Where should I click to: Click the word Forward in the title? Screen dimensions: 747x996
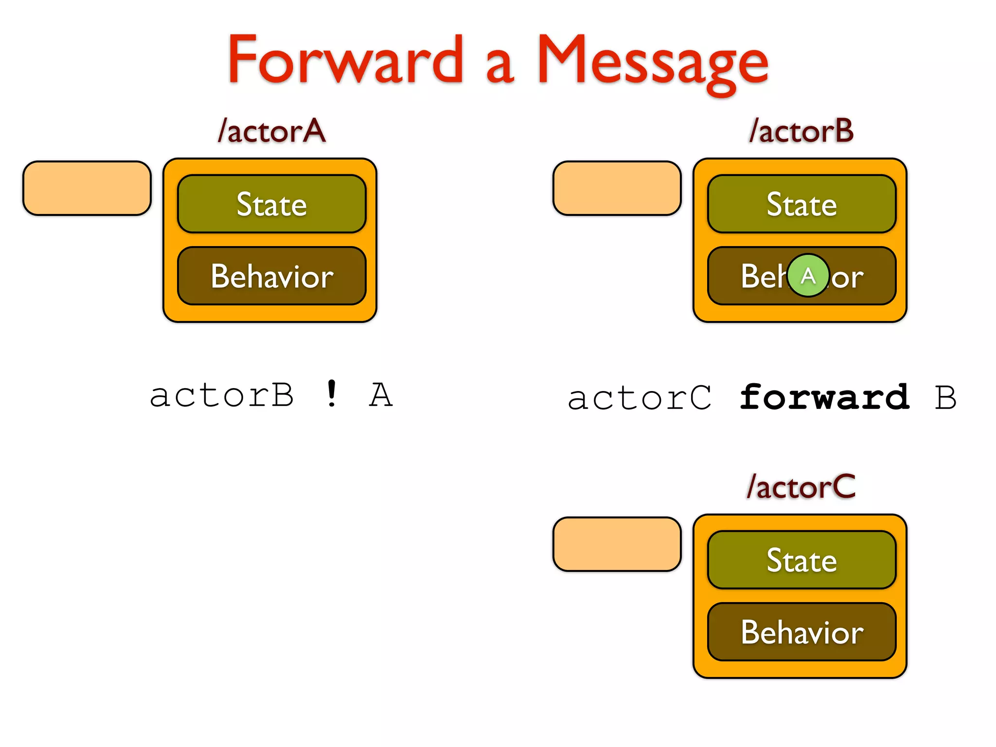pyautogui.click(x=345, y=61)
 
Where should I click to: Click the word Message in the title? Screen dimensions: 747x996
pyautogui.click(x=652, y=63)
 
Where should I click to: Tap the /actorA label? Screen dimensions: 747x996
pyautogui.click(x=271, y=131)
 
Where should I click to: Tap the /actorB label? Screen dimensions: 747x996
pyautogui.click(x=801, y=131)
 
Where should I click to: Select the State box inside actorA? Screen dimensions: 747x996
pyautogui.click(x=271, y=204)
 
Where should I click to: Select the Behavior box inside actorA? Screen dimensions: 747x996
pyautogui.click(x=271, y=276)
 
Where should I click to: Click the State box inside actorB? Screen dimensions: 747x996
pyautogui.click(x=801, y=204)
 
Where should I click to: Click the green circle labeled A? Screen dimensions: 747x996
pyautogui.click(x=808, y=276)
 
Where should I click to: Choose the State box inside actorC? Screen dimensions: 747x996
pyautogui.click(x=801, y=560)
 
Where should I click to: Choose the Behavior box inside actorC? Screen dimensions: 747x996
pyautogui.click(x=801, y=632)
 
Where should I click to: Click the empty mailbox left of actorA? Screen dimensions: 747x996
pyautogui.click(x=87, y=188)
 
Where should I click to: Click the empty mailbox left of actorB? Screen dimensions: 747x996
pyautogui.click(x=617, y=188)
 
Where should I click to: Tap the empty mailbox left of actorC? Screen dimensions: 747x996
pyautogui.click(x=617, y=544)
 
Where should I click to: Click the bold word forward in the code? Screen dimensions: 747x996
pyautogui.click(x=824, y=398)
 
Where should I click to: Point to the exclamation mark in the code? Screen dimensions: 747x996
pyautogui.click(x=332, y=394)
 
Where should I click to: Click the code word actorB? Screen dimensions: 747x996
pyautogui.click(x=222, y=395)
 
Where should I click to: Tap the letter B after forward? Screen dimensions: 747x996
pyautogui.click(x=945, y=398)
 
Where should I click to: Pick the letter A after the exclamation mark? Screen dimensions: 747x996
pyautogui.click(x=380, y=395)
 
